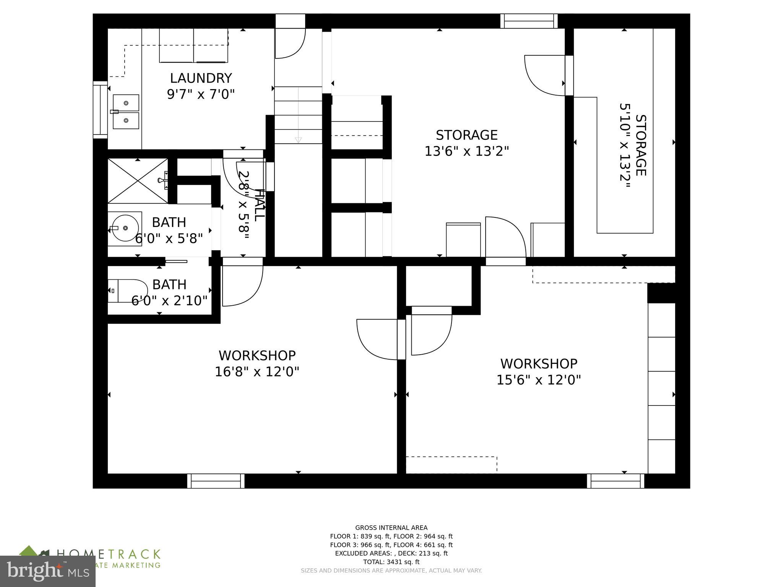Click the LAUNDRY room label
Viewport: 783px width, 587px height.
tap(201, 78)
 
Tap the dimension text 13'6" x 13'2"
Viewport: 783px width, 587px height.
tap(467, 151)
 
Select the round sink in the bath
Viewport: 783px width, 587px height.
tap(125, 228)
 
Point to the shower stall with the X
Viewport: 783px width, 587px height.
tap(138, 181)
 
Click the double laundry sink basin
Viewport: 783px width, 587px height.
tap(126, 112)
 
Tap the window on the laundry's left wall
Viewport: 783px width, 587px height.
tap(100, 110)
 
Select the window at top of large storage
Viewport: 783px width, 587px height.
tap(529, 21)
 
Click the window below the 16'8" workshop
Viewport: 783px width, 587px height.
tap(216, 481)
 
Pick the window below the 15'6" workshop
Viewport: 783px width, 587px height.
tap(616, 481)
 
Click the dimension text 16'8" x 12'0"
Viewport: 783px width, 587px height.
tap(257, 371)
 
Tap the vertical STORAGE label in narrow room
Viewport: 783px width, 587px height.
tap(641, 146)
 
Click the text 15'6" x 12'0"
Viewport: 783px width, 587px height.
tap(539, 380)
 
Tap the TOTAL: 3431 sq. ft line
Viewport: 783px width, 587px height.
tap(391, 562)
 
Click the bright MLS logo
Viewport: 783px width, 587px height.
tap(47, 571)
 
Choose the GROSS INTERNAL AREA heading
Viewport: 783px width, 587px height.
tap(391, 528)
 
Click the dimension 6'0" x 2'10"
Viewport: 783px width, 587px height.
tap(169, 301)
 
